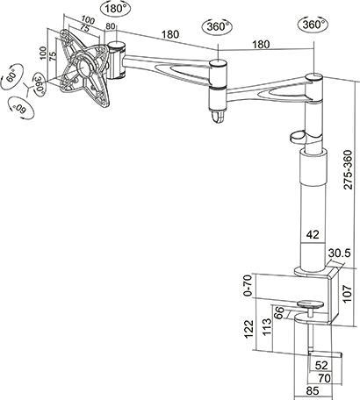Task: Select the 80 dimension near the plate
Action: (111, 27)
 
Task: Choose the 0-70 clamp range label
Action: (247, 285)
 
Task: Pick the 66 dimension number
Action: (278, 311)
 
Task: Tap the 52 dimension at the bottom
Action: (321, 365)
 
